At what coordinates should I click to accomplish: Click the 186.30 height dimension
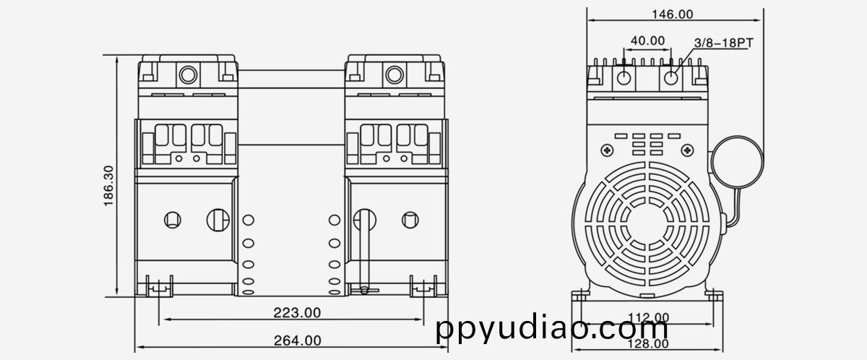point(109,186)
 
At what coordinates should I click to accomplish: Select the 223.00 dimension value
point(297,312)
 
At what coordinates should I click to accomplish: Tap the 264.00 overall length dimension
point(297,340)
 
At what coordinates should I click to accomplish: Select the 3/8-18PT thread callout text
point(723,43)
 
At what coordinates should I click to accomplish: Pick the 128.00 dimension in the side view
point(647,344)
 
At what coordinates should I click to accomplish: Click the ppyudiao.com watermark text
point(553,329)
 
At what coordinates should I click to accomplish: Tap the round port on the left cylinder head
point(189,74)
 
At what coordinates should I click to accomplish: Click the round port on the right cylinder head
point(394,74)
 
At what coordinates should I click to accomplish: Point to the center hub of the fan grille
point(648,220)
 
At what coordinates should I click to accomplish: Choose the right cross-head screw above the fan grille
point(687,150)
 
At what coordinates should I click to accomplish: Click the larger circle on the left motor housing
point(217,218)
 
